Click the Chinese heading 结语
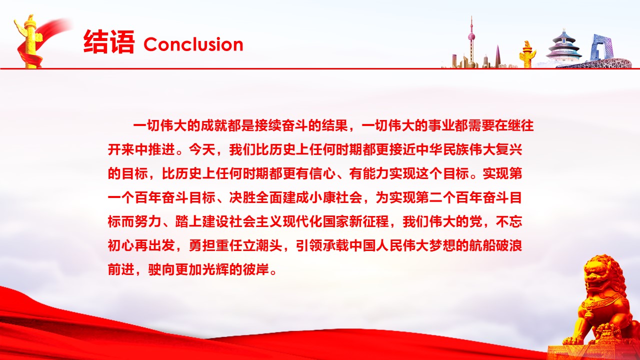(x=109, y=42)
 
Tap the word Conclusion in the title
(x=193, y=44)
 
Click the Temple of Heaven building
(x=563, y=47)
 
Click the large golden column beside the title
(x=30, y=41)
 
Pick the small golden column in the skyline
(x=527, y=54)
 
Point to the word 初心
(x=121, y=245)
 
